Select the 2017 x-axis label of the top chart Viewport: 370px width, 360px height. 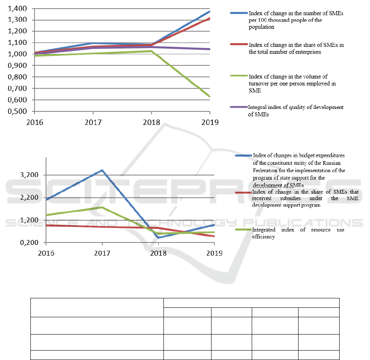[x=93, y=122]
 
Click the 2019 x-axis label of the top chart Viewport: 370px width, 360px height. [x=210, y=122]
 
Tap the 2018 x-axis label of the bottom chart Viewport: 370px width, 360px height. [x=158, y=253]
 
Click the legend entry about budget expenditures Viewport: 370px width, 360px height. [x=299, y=170]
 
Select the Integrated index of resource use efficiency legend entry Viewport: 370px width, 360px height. [x=298, y=233]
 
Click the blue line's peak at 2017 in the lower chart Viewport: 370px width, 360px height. [x=102, y=170]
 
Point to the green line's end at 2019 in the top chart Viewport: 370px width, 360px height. [x=210, y=97]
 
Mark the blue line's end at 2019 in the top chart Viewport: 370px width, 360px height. [x=210, y=11]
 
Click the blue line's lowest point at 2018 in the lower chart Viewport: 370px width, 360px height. [x=158, y=238]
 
